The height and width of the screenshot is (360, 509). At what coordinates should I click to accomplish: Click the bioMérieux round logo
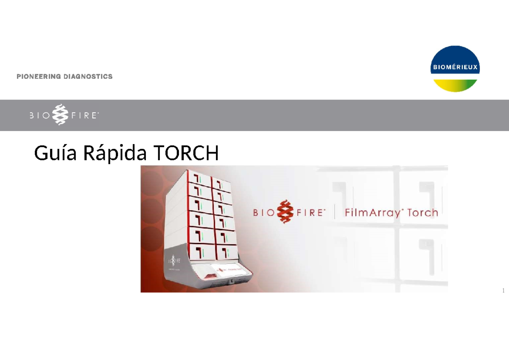point(455,69)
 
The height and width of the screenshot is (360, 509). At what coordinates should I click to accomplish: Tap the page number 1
point(503,291)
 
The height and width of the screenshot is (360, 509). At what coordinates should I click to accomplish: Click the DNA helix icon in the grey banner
point(59,115)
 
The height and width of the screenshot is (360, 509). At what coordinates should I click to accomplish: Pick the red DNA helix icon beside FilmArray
point(285,212)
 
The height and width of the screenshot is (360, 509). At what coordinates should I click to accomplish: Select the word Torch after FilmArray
point(422,212)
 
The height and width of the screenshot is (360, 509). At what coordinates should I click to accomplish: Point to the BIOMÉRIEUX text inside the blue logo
point(455,67)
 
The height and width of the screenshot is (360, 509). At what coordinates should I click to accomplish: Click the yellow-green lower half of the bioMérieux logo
point(455,85)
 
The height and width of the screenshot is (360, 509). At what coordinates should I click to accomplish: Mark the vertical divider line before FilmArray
point(335,212)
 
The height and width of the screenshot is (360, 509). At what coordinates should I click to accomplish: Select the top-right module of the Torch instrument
point(222,183)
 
